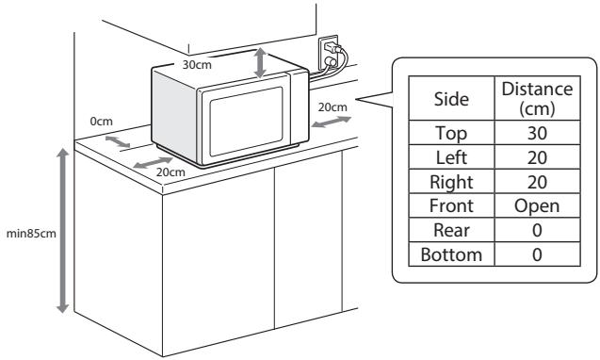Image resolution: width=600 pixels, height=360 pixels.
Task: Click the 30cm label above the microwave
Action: click(196, 67)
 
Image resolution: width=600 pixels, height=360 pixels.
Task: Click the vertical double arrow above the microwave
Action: click(261, 63)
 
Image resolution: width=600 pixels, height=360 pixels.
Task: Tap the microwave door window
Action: click(244, 123)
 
